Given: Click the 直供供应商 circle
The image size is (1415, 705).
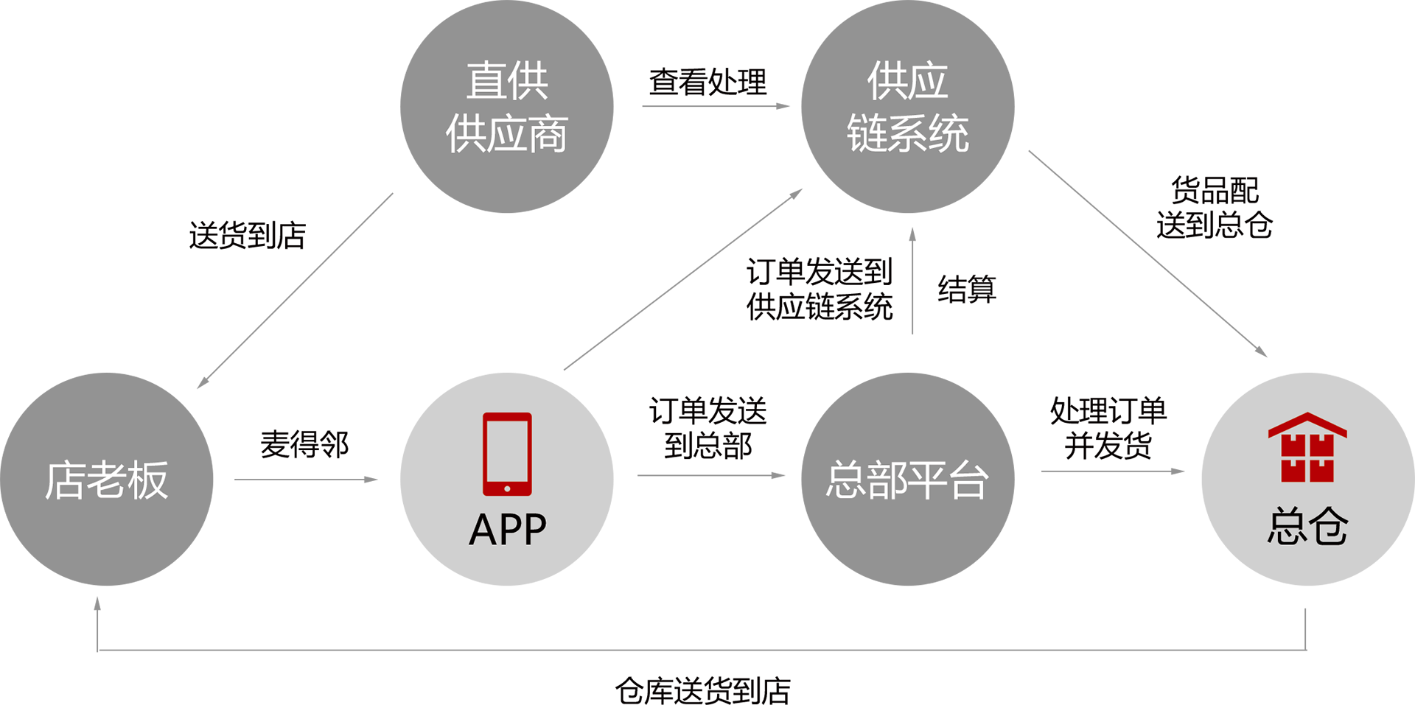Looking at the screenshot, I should point(507,107).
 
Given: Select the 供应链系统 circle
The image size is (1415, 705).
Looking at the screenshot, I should point(907,107).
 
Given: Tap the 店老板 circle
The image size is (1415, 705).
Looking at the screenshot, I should point(107,480).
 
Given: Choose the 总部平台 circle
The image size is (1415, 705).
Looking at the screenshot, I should point(907,480).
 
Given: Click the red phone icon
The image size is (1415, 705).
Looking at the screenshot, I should point(507,454).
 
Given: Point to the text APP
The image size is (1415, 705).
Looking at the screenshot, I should point(507,530).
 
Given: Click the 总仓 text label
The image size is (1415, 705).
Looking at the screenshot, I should point(1307,527).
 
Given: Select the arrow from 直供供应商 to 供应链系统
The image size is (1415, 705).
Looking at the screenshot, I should point(715,107).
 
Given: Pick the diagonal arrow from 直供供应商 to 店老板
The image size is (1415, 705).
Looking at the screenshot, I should point(295,290).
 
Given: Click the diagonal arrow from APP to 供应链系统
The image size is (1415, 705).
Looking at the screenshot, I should point(683,279).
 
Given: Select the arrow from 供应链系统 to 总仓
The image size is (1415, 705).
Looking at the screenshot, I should point(1147,253).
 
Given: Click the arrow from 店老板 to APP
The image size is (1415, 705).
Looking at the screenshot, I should point(306,480).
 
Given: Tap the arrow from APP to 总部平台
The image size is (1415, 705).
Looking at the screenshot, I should point(711,476).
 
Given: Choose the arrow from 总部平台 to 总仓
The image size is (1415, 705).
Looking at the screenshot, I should point(1112,471).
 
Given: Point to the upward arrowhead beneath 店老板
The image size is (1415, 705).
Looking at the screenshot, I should point(97,604).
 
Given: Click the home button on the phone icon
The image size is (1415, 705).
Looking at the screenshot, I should point(507,488).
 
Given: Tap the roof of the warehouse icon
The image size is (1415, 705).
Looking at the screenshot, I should point(1307,423).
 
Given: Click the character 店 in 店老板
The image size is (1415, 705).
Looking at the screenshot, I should point(65,480).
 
